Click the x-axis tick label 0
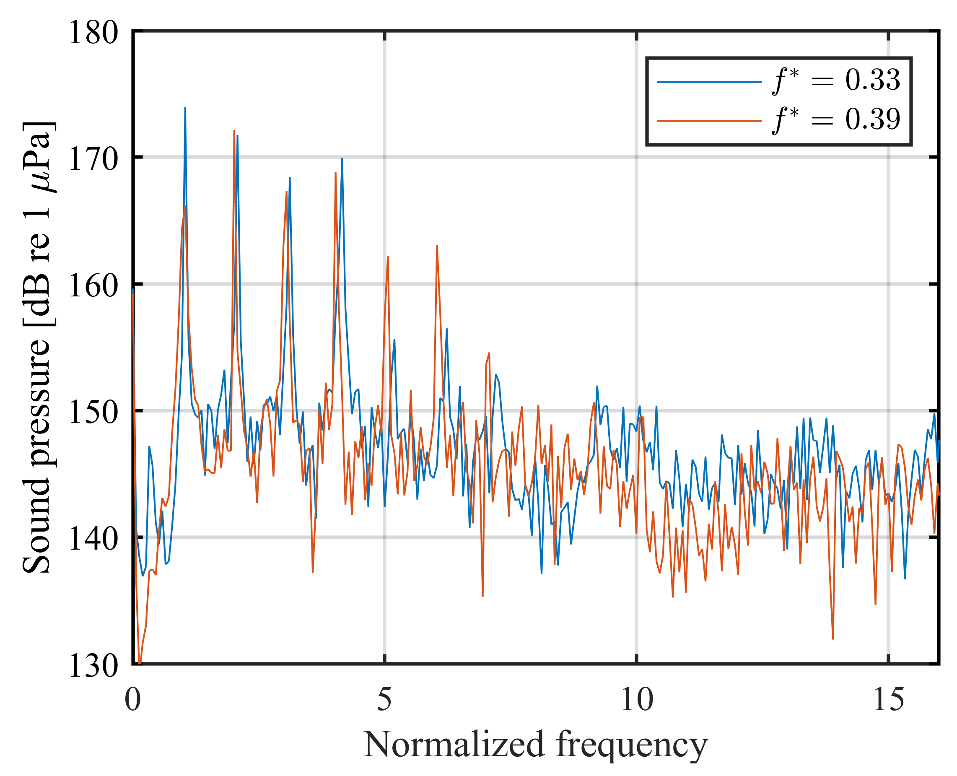click(x=133, y=700)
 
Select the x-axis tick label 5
click(x=384, y=700)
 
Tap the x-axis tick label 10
click(x=636, y=700)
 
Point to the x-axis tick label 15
click(x=888, y=700)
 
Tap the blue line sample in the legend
click(x=709, y=82)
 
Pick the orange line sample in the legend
click(x=709, y=121)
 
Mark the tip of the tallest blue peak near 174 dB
click(x=185, y=108)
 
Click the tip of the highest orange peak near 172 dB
click(x=234, y=131)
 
